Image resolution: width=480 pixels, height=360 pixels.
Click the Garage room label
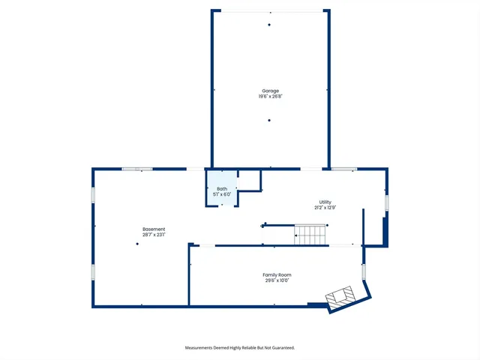269,91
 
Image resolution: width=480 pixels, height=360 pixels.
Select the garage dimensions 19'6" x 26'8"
269,96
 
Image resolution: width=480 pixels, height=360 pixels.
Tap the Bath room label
222,188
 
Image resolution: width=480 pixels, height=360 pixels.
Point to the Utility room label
325,202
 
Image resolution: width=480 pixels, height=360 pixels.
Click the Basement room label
154,229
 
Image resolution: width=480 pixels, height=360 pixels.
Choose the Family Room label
276,274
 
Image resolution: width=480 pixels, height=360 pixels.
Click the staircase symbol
310,235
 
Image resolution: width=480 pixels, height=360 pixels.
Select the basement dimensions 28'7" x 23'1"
154,235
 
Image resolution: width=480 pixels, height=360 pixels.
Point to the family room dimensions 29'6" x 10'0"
276,280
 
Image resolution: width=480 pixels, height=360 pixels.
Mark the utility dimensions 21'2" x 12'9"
325,208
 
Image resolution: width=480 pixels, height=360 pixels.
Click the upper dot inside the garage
269,25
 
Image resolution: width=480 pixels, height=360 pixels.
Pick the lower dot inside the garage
269,120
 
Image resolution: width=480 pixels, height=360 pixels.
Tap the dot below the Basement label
137,244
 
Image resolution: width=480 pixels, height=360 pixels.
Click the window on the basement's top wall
137,169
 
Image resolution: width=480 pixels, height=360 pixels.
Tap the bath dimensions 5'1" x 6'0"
222,194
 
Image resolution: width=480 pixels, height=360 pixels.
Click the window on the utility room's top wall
344,169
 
